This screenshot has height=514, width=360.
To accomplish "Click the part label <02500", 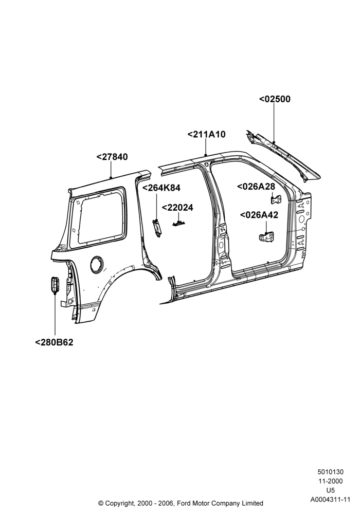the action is point(275,99).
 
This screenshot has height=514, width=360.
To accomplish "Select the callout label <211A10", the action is point(207,134).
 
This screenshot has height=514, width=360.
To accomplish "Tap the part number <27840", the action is point(112,157).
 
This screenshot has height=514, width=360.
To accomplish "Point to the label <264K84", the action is point(161,188).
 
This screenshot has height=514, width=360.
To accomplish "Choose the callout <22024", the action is point(178,208).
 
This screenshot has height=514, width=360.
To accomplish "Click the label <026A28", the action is point(256,187).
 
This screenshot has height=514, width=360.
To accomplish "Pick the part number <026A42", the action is point(259,215).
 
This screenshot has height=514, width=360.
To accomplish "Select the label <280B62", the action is point(54,342).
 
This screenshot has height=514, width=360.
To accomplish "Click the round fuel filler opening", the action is point(96,263).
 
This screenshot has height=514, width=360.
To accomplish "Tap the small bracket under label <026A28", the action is point(276,199).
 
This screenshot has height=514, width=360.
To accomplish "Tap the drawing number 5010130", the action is point(330,472).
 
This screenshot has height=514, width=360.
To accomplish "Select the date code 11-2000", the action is point(330,481).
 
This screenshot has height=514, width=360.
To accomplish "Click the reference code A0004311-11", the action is point(330,500).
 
